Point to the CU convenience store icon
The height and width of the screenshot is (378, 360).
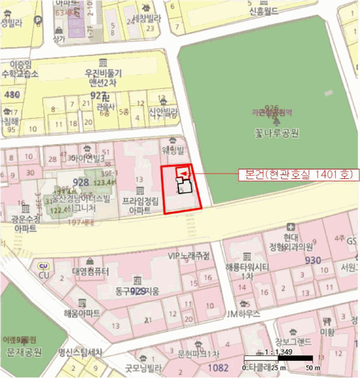(x=43, y=266)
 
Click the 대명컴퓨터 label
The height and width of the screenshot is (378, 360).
(x=91, y=271)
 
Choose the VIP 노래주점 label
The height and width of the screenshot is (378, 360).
(x=189, y=256)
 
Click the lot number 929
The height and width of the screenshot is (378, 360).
(x=138, y=291)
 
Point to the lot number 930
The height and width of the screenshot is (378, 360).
(x=312, y=260)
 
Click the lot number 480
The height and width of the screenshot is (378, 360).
(x=11, y=95)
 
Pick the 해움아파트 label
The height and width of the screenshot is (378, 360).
(x=82, y=313)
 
